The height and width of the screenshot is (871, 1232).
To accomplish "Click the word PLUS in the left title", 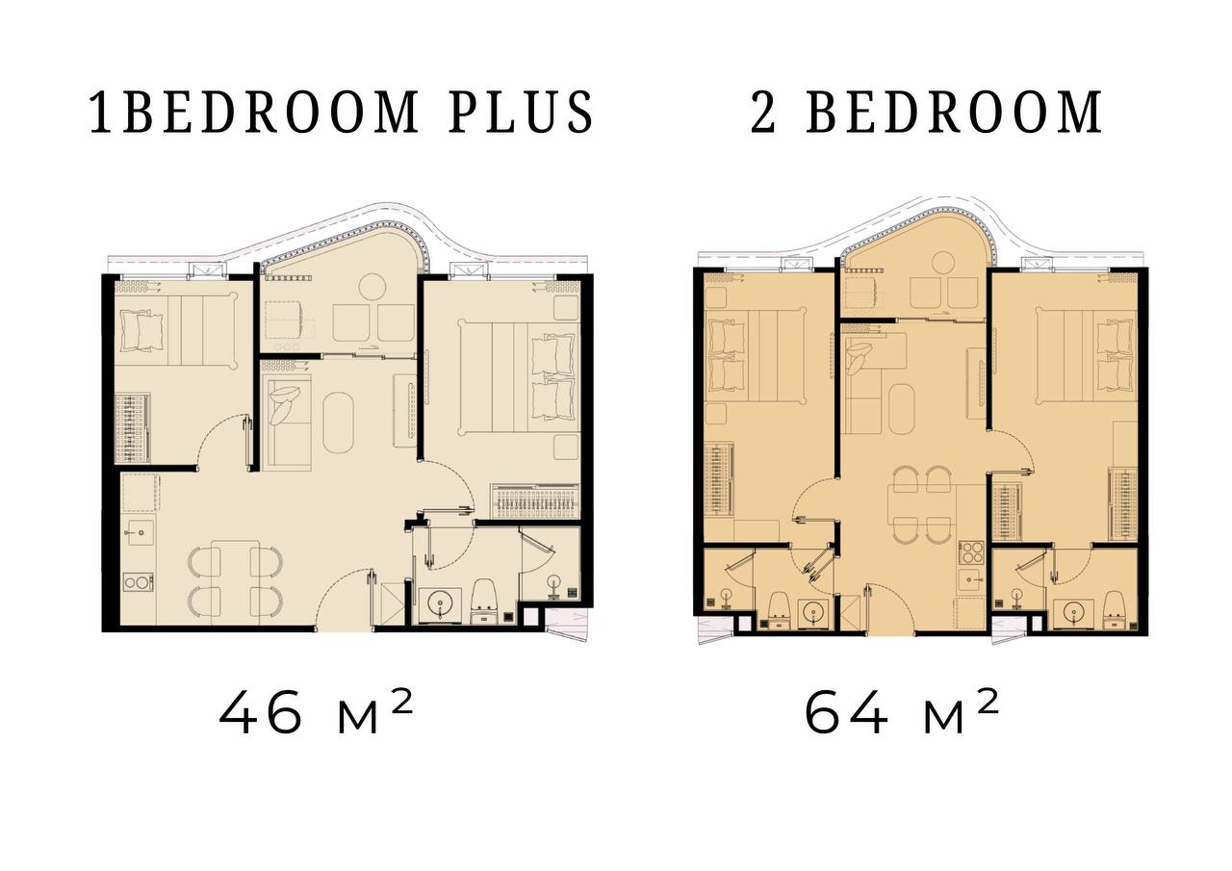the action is tap(521, 113).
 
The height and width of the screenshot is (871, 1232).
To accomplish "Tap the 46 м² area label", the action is tap(316, 712).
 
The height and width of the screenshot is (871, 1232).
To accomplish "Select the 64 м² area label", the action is tap(901, 712).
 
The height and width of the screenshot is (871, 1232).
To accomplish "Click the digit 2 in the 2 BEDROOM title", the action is tap(763, 113).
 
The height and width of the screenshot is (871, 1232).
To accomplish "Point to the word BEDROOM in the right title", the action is tap(954, 113).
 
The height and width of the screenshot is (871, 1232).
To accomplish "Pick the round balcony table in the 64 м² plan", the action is tap(942, 264).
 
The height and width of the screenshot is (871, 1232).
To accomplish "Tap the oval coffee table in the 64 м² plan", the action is tap(902, 410).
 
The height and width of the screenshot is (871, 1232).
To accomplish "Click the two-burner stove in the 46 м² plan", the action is tap(138, 581).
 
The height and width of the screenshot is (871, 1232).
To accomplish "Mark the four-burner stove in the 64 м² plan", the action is tap(972, 552).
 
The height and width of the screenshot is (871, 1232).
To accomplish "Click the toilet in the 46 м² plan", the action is tap(484, 601).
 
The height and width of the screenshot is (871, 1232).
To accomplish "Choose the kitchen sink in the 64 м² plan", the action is tap(972, 579).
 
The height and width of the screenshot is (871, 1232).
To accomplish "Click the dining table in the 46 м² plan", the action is tap(236, 583).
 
